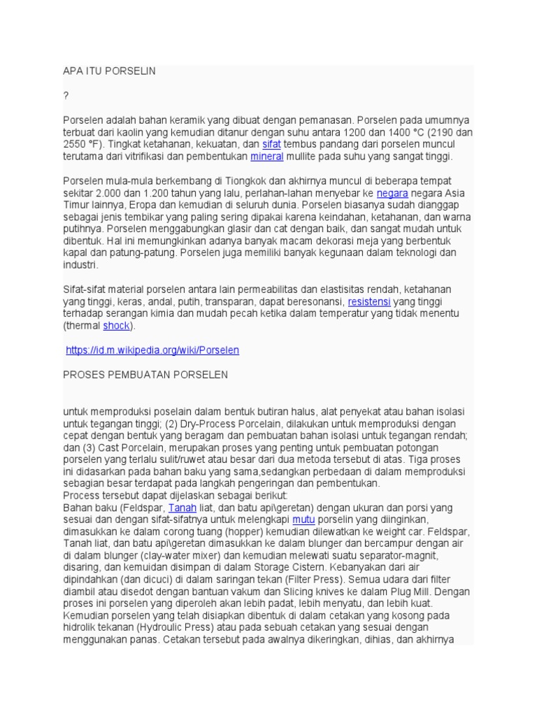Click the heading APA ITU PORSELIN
[x=109, y=71]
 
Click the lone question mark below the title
[x=66, y=96]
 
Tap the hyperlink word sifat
[x=271, y=144]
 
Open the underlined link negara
[x=392, y=193]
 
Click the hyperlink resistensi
[x=370, y=301]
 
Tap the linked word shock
[x=116, y=326]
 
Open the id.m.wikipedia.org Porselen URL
[x=152, y=350]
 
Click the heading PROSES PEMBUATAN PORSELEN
[x=145, y=375]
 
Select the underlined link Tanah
[x=182, y=508]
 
